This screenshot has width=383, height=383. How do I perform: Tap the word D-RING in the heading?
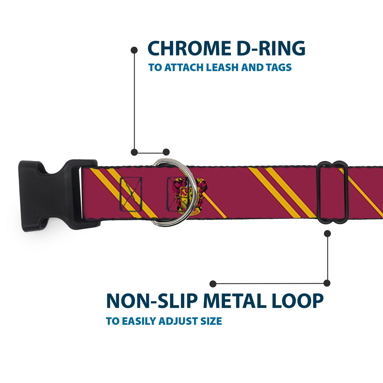(x=274, y=49)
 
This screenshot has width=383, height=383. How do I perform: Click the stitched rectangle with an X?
(x=131, y=194)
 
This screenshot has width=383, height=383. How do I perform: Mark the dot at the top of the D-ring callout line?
(x=134, y=50)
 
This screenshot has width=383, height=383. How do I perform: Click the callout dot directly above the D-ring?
(x=166, y=152)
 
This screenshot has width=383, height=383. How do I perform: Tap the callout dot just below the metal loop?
(x=327, y=234)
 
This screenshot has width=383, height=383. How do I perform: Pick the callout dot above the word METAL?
(x=213, y=283)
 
